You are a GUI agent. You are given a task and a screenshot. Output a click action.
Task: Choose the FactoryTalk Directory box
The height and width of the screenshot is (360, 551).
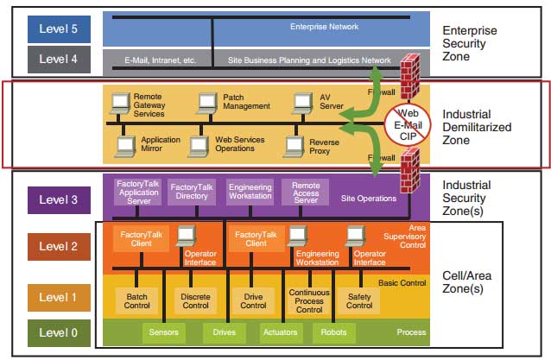tap(192, 192)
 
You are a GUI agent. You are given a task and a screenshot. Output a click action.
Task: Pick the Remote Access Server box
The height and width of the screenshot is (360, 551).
tap(305, 192)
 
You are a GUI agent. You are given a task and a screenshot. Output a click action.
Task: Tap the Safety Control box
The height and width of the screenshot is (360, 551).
tap(359, 300)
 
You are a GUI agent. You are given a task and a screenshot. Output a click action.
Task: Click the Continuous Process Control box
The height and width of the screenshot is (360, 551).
tap(308, 300)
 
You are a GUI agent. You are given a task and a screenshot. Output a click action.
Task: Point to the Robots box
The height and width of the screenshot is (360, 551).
tap(332, 332)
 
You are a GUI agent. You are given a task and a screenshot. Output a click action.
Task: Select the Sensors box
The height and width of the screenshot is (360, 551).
tap(164, 332)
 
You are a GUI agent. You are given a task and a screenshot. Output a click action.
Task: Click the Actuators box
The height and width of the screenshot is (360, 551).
tap(281, 332)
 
